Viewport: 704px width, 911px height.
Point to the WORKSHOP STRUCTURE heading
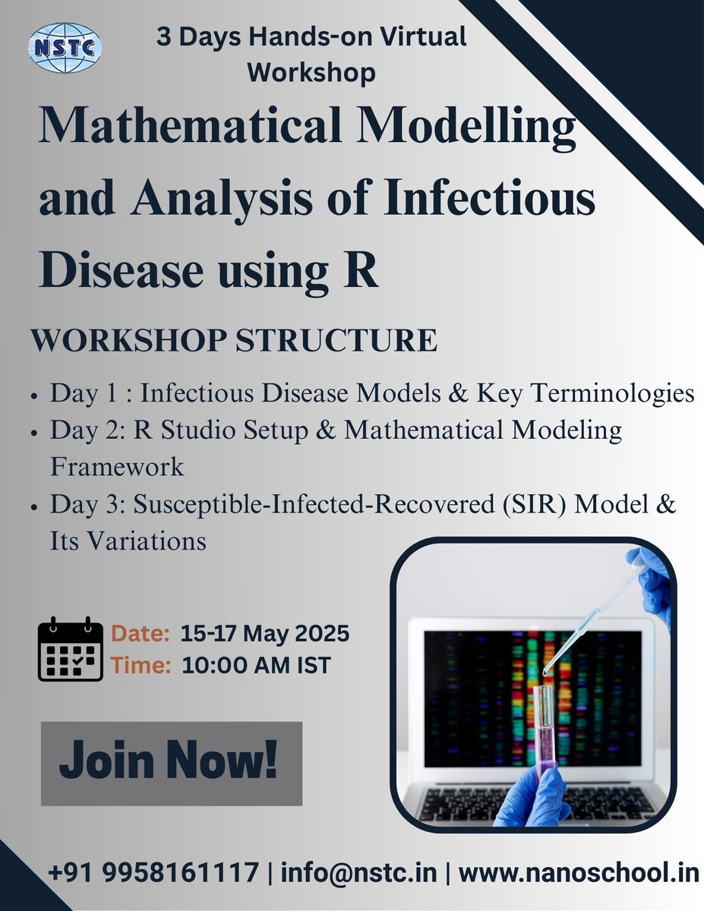(x=234, y=341)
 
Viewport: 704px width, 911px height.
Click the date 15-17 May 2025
(x=265, y=633)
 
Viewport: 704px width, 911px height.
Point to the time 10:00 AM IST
(x=256, y=666)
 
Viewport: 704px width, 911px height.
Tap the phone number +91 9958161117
(x=153, y=873)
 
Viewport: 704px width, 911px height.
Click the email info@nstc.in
(x=358, y=873)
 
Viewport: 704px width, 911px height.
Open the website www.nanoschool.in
(x=578, y=873)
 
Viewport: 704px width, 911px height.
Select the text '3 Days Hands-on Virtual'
(x=311, y=36)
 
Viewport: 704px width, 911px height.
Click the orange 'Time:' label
(x=141, y=666)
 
